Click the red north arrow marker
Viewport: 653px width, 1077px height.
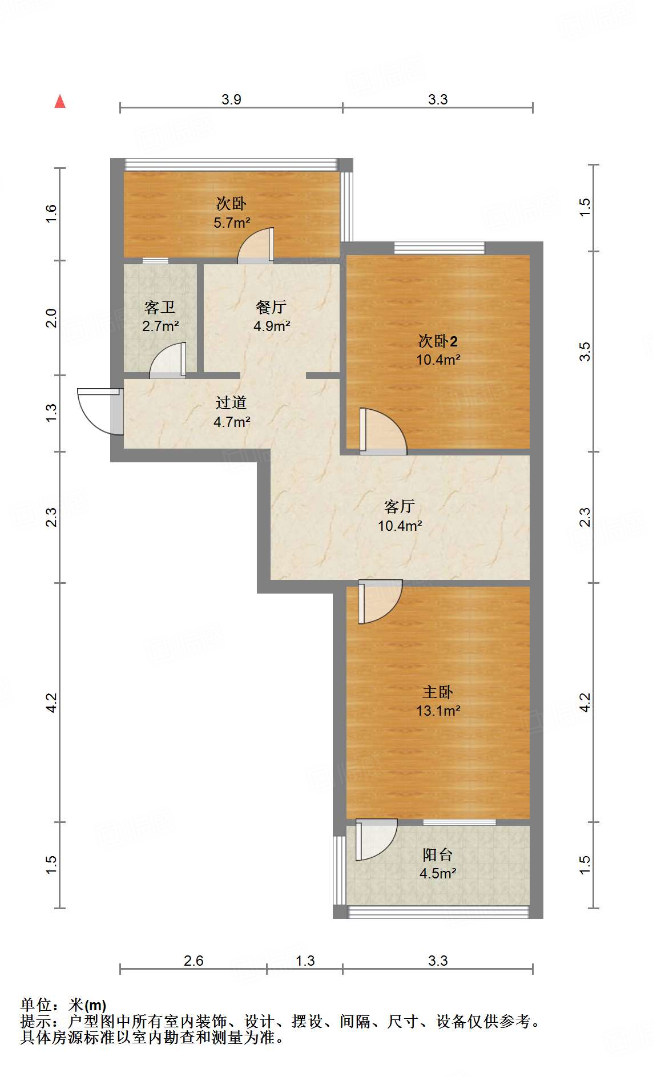point(60,102)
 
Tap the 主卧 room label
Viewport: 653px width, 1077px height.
point(438,692)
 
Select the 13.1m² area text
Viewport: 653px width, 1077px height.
point(438,711)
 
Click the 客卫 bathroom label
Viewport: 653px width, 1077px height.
point(160,308)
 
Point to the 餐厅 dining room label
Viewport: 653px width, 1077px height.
point(271,307)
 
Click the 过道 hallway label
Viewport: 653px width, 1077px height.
point(231,402)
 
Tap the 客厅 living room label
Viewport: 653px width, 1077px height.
point(400,506)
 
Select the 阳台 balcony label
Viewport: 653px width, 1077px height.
point(438,854)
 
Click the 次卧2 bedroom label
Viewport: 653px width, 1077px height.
point(438,341)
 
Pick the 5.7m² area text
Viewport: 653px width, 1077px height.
point(232,223)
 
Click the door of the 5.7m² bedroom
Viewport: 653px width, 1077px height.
point(257,245)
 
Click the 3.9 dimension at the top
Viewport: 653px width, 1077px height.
point(231,99)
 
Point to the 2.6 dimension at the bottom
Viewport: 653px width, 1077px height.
point(194,961)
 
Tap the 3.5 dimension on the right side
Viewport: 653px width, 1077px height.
point(585,352)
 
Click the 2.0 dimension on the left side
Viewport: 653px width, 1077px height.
point(51,318)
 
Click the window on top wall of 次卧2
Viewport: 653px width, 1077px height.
point(439,248)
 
